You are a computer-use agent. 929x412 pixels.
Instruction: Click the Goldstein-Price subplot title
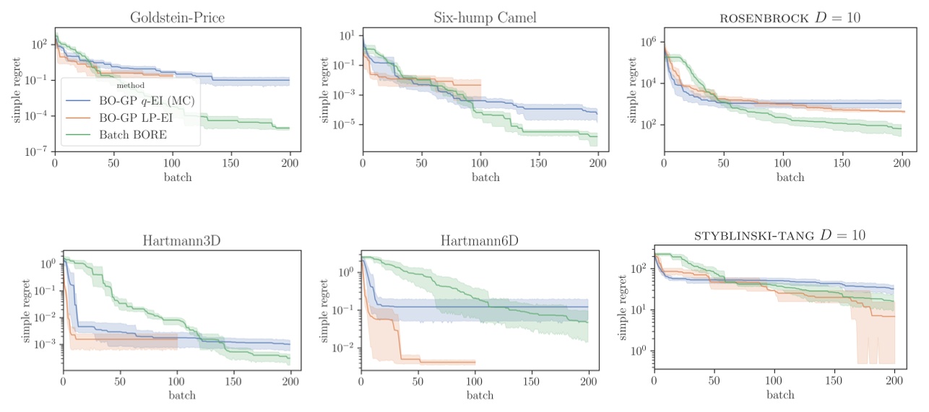(177, 18)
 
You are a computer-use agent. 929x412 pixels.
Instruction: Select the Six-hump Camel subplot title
(485, 18)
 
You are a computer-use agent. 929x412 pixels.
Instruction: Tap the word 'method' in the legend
(131, 86)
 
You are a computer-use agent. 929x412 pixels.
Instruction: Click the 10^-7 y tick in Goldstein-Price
(38, 151)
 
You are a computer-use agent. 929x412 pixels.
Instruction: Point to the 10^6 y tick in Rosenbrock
(647, 42)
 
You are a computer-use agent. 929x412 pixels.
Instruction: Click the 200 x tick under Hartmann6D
(589, 383)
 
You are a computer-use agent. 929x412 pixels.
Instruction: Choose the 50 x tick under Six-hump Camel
(421, 165)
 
